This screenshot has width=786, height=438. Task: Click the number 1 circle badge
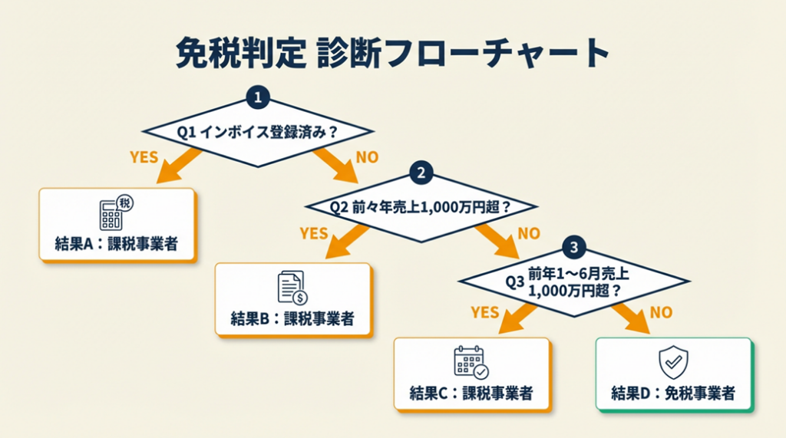click(x=259, y=97)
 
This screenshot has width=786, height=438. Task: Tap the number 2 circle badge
click(x=420, y=173)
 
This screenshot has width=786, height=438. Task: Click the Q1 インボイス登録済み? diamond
click(x=259, y=132)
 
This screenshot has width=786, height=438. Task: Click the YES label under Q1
click(x=144, y=157)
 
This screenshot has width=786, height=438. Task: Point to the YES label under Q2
click(x=313, y=233)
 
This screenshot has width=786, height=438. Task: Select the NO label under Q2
click(x=530, y=233)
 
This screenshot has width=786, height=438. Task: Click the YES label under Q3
click(x=484, y=312)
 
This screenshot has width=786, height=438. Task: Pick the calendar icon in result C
click(x=471, y=362)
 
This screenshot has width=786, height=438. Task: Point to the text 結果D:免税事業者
click(x=673, y=394)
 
